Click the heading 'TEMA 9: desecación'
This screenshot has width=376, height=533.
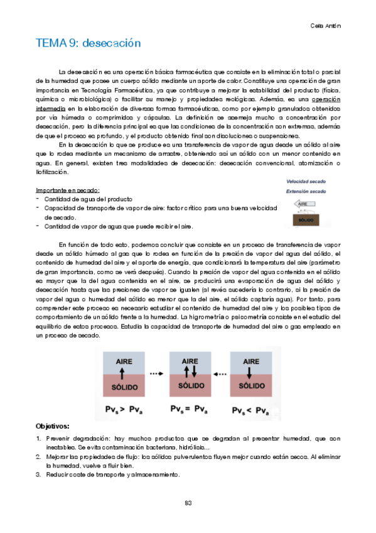coord(88,43)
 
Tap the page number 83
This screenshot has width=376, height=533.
coord(188,502)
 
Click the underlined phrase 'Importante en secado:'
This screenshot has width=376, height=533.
coord(68,190)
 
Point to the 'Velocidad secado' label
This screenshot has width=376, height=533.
coord(306,180)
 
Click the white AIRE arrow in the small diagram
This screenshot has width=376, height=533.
coord(304,204)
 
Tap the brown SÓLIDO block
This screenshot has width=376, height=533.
coord(306,221)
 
